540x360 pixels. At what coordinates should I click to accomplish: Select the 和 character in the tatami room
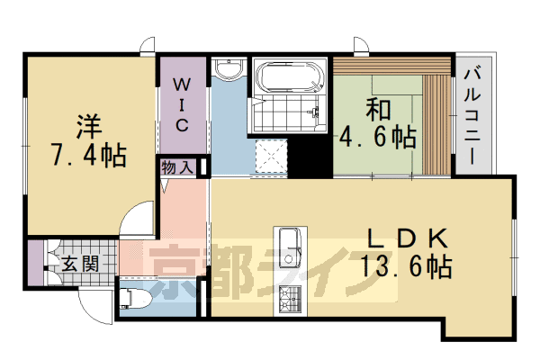point(378,109)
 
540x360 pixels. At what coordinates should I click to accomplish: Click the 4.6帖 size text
point(377,138)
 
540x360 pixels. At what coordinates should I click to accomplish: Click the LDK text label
point(405,238)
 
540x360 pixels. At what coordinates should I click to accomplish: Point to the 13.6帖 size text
point(405,267)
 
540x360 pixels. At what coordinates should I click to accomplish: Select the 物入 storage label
point(177,167)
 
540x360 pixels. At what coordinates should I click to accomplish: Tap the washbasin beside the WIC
point(229,69)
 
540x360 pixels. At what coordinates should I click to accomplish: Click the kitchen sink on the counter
point(290,243)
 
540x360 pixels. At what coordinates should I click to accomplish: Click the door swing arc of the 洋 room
point(135,222)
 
